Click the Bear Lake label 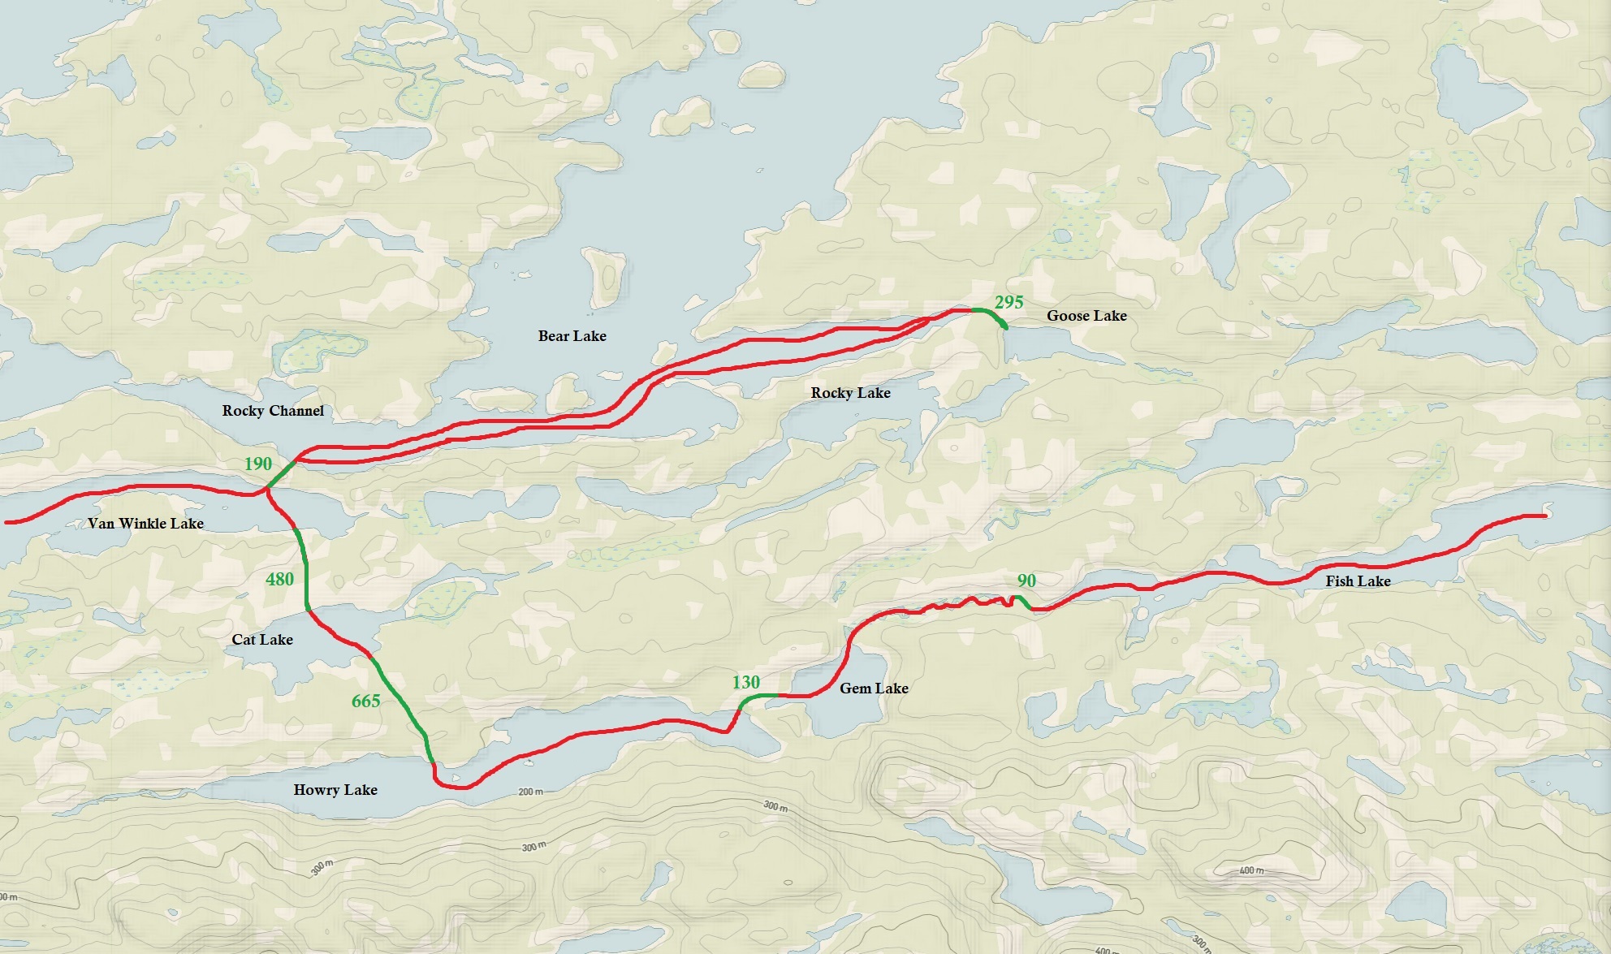coord(572,336)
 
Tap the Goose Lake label coord(1086,316)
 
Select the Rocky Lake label coord(850,393)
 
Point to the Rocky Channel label coord(273,411)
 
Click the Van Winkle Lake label coord(145,524)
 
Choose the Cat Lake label coord(261,640)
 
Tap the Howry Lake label coord(335,790)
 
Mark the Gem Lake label coord(874,689)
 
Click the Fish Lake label coord(1358,581)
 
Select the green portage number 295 coord(1008,302)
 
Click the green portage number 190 coord(258,464)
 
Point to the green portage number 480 coord(279,579)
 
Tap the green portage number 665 coord(365,701)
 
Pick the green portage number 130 coord(745,682)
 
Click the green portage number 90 coord(1026,581)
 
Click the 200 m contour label coord(530,792)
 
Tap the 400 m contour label coord(1251,870)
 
